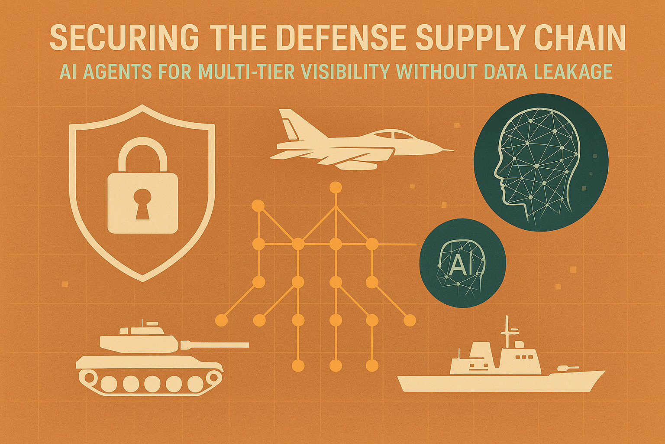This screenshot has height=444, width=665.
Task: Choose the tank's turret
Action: (x=139, y=340)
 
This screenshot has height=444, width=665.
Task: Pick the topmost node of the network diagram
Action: (x=336, y=188)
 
